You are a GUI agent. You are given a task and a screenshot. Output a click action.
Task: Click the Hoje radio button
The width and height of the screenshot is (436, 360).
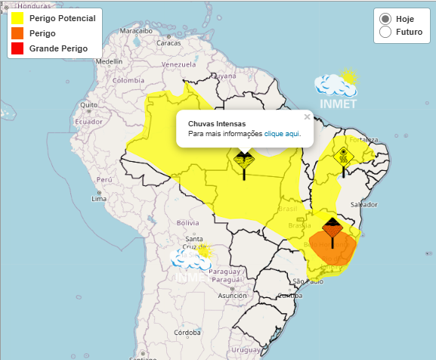tap(385, 18)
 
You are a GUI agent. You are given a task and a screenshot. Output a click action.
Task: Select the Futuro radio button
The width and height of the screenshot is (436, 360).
tap(385, 32)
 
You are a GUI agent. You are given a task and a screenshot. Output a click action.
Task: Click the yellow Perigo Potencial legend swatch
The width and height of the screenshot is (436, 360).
tap(18, 17)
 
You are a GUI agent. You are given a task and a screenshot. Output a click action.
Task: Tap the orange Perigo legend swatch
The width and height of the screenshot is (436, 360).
tap(18, 33)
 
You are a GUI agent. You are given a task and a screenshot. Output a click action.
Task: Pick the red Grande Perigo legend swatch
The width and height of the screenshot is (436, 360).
tap(18, 48)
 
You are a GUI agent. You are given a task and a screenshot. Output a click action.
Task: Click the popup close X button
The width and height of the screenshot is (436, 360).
tap(307, 116)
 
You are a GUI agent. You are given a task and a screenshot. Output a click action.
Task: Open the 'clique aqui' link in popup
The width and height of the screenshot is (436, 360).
tap(283, 134)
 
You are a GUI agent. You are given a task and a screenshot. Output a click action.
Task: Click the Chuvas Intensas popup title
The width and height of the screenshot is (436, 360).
tap(216, 123)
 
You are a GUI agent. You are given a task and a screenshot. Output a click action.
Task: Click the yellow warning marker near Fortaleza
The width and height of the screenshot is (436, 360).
tap(344, 157)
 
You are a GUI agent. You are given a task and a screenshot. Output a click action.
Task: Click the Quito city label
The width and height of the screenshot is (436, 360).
tap(88, 104)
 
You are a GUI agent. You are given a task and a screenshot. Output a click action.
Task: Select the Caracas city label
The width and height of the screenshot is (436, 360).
tap(169, 43)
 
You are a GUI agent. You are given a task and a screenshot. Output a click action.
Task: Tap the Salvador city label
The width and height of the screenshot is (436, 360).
tap(364, 204)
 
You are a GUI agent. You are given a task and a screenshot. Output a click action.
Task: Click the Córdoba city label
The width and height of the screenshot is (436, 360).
tap(186, 332)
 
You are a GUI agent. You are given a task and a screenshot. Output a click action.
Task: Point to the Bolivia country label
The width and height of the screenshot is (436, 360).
tap(187, 222)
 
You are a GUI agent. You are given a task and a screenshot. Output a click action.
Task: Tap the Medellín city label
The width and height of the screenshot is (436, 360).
tap(109, 61)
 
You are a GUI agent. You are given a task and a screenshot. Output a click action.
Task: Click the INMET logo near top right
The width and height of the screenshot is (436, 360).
tap(336, 88)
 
